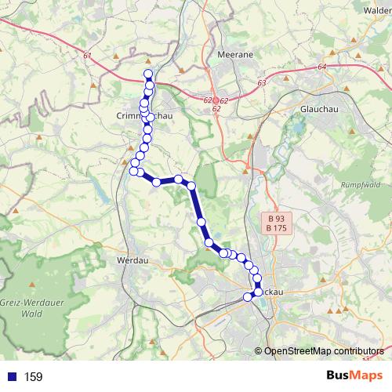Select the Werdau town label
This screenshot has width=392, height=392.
[x=130, y=258]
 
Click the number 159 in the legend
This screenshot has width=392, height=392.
[x=33, y=377]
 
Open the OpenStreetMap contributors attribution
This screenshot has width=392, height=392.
[x=324, y=350]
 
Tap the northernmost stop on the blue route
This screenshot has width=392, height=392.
[x=147, y=74]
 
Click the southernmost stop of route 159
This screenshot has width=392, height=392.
[x=249, y=296]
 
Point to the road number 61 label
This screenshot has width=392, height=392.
[x=85, y=56]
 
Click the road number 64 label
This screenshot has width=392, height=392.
[x=321, y=67]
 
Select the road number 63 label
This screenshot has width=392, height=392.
[x=261, y=82]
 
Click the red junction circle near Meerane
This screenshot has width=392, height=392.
[x=216, y=101]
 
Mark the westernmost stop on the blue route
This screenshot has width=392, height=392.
[x=132, y=163]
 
